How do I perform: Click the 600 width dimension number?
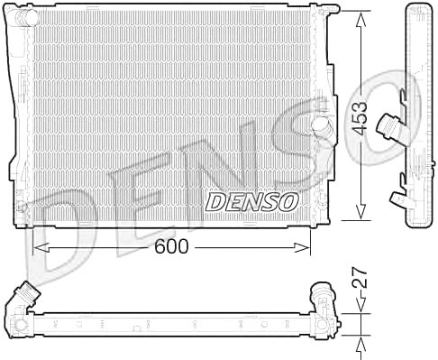pos(171,246)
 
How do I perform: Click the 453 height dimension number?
pos(360,117)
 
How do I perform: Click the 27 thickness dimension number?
pos(360,277)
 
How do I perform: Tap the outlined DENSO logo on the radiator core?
pos(251,202)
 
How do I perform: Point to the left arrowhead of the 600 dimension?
pos(41,247)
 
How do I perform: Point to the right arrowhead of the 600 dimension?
pos(302,247)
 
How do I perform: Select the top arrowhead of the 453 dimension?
pos(360,20)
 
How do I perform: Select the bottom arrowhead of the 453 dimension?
pos(360,211)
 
